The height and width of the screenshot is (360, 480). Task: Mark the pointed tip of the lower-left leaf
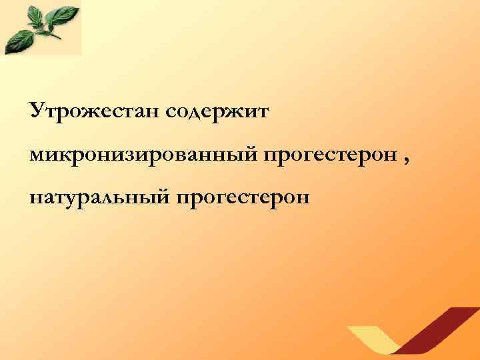[7, 51]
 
